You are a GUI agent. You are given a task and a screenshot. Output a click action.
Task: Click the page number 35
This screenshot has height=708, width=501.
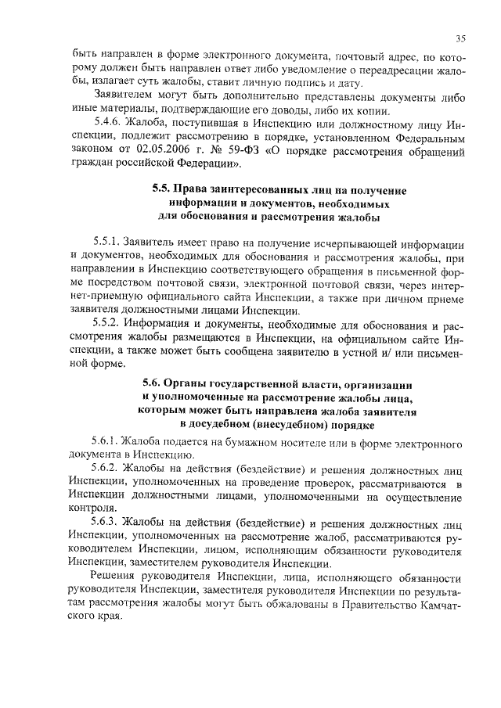[x=461, y=38]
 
